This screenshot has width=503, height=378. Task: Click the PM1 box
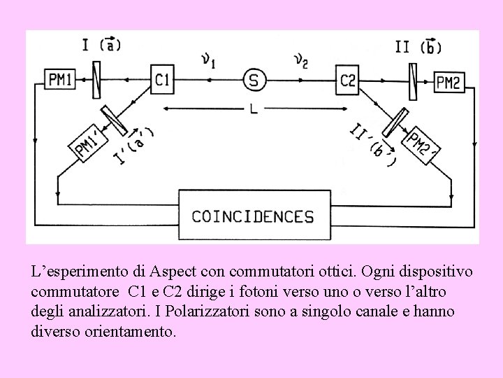coord(60,80)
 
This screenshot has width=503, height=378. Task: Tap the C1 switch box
coord(161,80)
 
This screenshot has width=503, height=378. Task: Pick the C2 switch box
coord(347,80)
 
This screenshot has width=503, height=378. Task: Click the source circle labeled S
coord(254,80)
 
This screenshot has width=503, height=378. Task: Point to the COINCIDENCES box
coord(254,216)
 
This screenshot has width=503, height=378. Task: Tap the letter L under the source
coord(254,108)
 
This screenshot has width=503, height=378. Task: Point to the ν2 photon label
coord(301,62)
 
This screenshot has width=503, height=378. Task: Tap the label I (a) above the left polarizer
coord(101,45)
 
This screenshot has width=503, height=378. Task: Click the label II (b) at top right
coord(418,46)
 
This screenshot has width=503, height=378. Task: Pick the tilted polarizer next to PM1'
coord(113,120)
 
